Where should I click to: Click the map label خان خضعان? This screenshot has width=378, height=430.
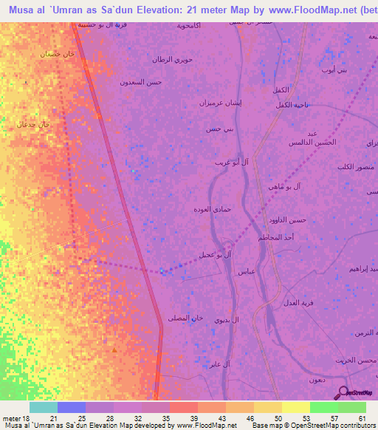(x=58, y=54)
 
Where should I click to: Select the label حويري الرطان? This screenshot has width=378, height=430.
(x=172, y=60)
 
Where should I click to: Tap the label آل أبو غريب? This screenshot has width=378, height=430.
(x=230, y=161)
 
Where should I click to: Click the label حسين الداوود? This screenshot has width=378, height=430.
(x=289, y=220)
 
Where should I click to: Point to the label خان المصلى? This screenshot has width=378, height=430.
(x=185, y=318)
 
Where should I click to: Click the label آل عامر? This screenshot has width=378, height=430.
(x=219, y=364)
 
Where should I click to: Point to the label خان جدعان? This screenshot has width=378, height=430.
(x=33, y=125)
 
